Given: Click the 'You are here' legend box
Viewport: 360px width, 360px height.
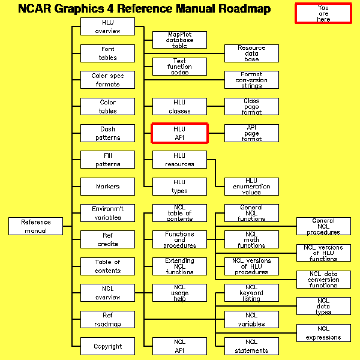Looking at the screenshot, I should [x=323, y=13].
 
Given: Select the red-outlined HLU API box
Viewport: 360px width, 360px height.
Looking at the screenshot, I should [x=179, y=133].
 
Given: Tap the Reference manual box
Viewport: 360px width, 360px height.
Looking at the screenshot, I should [x=36, y=226].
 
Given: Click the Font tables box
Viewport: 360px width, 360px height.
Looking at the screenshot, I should [x=108, y=53].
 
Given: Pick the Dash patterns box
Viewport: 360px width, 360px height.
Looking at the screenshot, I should [x=108, y=133].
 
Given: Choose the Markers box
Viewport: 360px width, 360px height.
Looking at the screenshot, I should [x=108, y=187].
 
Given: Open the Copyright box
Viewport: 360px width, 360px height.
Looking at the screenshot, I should [x=108, y=346].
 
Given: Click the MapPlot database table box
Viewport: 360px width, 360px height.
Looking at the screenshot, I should [x=179, y=40].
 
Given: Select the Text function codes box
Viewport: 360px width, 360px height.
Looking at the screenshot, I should [x=179, y=67].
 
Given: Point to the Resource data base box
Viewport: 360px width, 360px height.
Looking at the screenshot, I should [x=251, y=53].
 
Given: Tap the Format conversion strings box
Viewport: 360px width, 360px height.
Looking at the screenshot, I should [x=251, y=80].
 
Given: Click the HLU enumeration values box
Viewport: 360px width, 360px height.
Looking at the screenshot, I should [x=251, y=187].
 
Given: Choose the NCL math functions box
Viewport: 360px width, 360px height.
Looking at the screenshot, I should [x=251, y=240].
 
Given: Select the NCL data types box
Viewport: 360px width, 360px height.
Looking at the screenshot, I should [x=323, y=306].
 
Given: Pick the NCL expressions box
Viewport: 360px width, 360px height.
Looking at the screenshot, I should [x=323, y=333].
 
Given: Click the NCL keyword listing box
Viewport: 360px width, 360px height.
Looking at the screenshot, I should [x=251, y=293].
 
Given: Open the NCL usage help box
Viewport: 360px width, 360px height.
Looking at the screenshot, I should [x=179, y=293].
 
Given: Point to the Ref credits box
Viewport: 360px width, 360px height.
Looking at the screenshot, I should [x=108, y=240].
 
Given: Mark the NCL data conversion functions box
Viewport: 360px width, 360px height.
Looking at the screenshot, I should [x=323, y=280].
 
